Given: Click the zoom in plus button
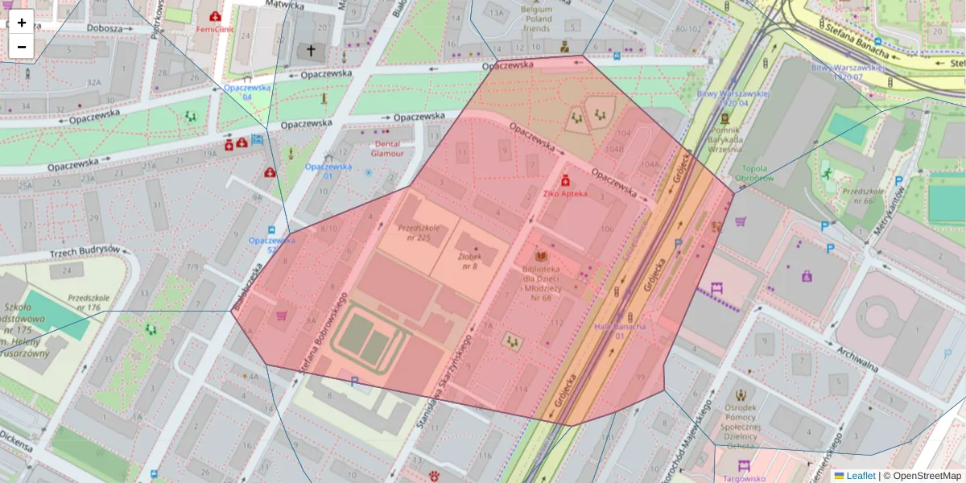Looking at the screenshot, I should (x=22, y=23).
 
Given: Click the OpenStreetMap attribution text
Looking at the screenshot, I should (x=926, y=476).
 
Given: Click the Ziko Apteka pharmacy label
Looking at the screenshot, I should (x=565, y=193).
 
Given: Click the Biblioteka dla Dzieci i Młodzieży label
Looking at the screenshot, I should (x=541, y=282).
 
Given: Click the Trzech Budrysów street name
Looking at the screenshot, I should (x=85, y=251).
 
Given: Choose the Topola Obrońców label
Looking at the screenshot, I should (x=754, y=173).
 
